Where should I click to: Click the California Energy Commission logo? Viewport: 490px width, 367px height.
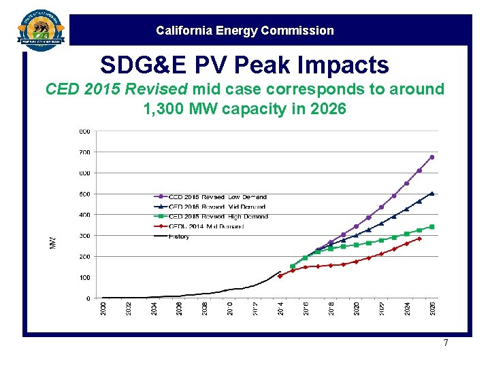pyautogui.click(x=42, y=29)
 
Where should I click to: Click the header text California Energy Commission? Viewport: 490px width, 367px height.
pyautogui.click(x=245, y=31)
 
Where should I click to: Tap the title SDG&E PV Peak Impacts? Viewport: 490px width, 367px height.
pyautogui.click(x=244, y=65)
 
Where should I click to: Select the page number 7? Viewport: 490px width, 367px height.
pyautogui.click(x=446, y=343)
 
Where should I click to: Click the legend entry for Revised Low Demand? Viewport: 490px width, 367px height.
pyautogui.click(x=217, y=197)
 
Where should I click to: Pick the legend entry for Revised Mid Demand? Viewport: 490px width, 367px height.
pyautogui.click(x=217, y=207)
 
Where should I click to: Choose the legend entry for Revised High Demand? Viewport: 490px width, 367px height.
pyautogui.click(x=218, y=217)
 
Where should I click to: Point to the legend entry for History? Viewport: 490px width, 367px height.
pyautogui.click(x=179, y=237)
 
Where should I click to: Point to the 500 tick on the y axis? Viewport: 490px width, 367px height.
pyautogui.click(x=84, y=194)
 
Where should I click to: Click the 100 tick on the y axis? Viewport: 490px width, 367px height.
pyautogui.click(x=84, y=278)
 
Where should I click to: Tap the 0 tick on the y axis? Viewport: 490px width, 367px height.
pyautogui.click(x=87, y=298)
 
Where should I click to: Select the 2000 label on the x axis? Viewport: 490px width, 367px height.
pyautogui.click(x=103, y=308)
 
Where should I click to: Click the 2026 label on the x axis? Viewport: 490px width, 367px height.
pyautogui.click(x=433, y=308)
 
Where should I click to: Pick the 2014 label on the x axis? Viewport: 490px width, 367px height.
pyautogui.click(x=281, y=308)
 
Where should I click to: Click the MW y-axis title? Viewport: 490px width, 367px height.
pyautogui.click(x=54, y=242)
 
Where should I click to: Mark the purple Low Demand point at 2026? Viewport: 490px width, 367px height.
pyautogui.click(x=432, y=157)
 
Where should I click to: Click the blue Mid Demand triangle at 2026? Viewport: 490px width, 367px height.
pyautogui.click(x=432, y=193)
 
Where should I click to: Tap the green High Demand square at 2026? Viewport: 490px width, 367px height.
pyautogui.click(x=432, y=227)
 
